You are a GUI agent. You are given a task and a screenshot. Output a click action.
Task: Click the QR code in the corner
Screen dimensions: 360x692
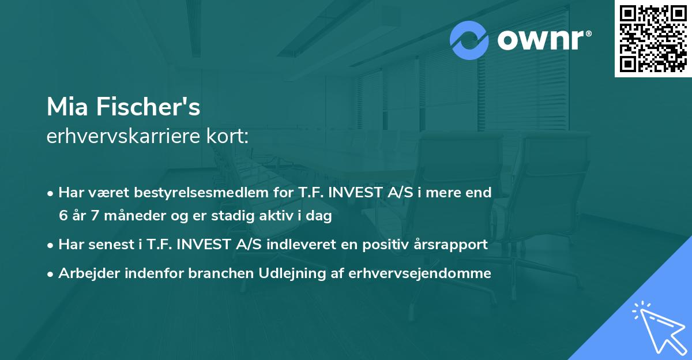[653, 39]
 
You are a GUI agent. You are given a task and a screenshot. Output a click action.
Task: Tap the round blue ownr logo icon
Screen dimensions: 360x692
[469, 40]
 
